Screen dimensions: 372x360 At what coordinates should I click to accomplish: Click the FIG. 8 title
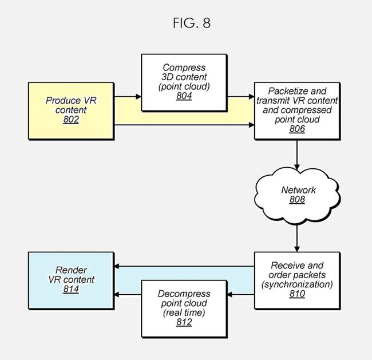click(x=192, y=23)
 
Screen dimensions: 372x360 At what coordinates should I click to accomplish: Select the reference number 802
click(x=71, y=120)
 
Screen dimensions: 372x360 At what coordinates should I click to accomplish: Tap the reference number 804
click(x=184, y=96)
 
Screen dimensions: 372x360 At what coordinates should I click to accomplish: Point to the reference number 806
click(x=297, y=129)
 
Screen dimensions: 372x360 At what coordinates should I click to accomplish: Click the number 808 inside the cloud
click(x=297, y=200)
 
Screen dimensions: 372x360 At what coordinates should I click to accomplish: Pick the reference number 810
click(x=297, y=294)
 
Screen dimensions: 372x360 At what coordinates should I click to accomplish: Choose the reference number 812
click(x=184, y=322)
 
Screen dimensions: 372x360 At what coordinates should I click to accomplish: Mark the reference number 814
click(x=71, y=289)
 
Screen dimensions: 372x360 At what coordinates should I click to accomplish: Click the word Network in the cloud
click(x=298, y=190)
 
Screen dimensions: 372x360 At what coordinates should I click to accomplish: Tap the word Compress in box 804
click(x=184, y=68)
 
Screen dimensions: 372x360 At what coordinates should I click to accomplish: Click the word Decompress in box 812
click(x=184, y=294)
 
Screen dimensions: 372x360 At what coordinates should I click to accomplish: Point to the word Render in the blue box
click(x=71, y=270)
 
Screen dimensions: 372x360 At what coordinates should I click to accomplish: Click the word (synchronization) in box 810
click(x=297, y=284)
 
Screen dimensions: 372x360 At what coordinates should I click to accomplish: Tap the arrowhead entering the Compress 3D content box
click(x=138, y=97)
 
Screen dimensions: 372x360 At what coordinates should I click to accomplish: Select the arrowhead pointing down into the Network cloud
click(x=297, y=167)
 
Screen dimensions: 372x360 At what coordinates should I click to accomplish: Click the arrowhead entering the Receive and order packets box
click(x=297, y=249)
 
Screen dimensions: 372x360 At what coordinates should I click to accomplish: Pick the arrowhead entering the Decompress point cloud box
click(x=229, y=295)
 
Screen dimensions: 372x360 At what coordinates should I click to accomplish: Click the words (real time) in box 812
click(x=184, y=312)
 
